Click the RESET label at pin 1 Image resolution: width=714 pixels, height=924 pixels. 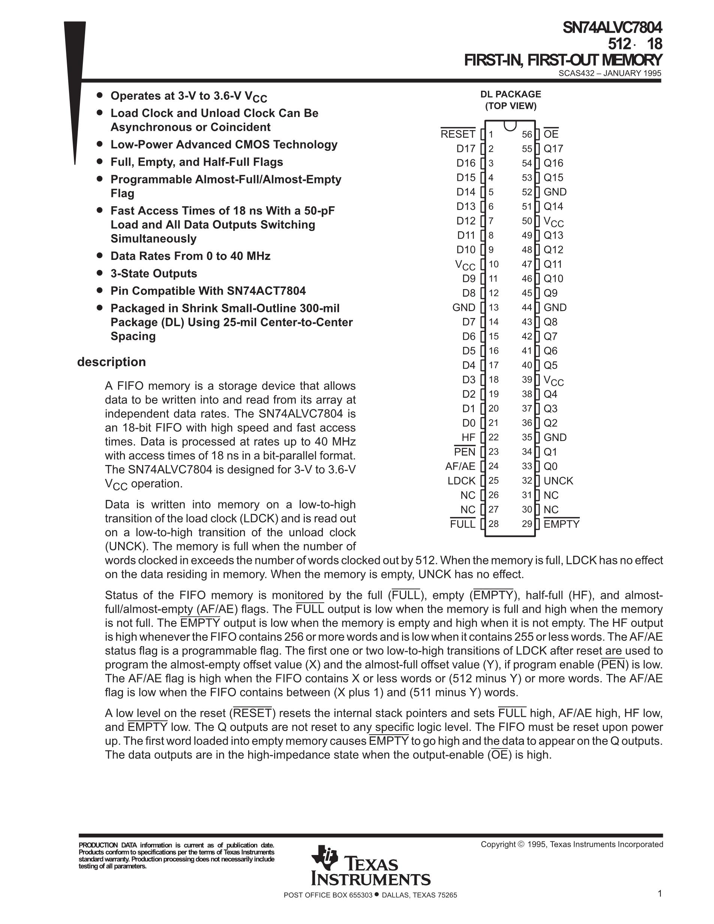tap(457, 135)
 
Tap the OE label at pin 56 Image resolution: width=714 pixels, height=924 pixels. tap(551, 135)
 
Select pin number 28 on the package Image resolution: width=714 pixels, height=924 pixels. tap(493, 524)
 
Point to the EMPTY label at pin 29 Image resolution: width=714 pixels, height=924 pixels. tap(561, 524)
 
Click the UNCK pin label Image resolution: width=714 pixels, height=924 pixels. tap(558, 481)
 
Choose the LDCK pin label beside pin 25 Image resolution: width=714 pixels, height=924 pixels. tap(462, 481)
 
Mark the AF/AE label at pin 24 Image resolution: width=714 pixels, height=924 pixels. tap(460, 466)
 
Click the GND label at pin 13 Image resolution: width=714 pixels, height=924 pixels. tap(463, 307)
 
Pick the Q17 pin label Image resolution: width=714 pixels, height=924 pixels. tap(553, 149)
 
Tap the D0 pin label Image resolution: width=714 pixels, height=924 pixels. tap(469, 423)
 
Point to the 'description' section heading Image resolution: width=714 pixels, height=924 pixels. tap(111, 362)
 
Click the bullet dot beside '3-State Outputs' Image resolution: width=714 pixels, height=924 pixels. tap(100, 273)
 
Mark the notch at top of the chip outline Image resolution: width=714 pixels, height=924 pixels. tap(510, 125)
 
